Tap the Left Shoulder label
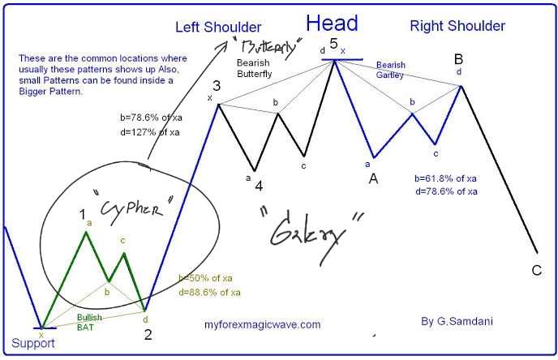[x=218, y=27]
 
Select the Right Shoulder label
[x=457, y=26]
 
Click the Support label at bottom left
[x=32, y=343]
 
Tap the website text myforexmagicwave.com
[x=263, y=324]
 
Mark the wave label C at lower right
[x=537, y=270]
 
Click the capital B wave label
[x=458, y=59]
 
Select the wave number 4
[x=259, y=186]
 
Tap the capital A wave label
[x=374, y=178]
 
